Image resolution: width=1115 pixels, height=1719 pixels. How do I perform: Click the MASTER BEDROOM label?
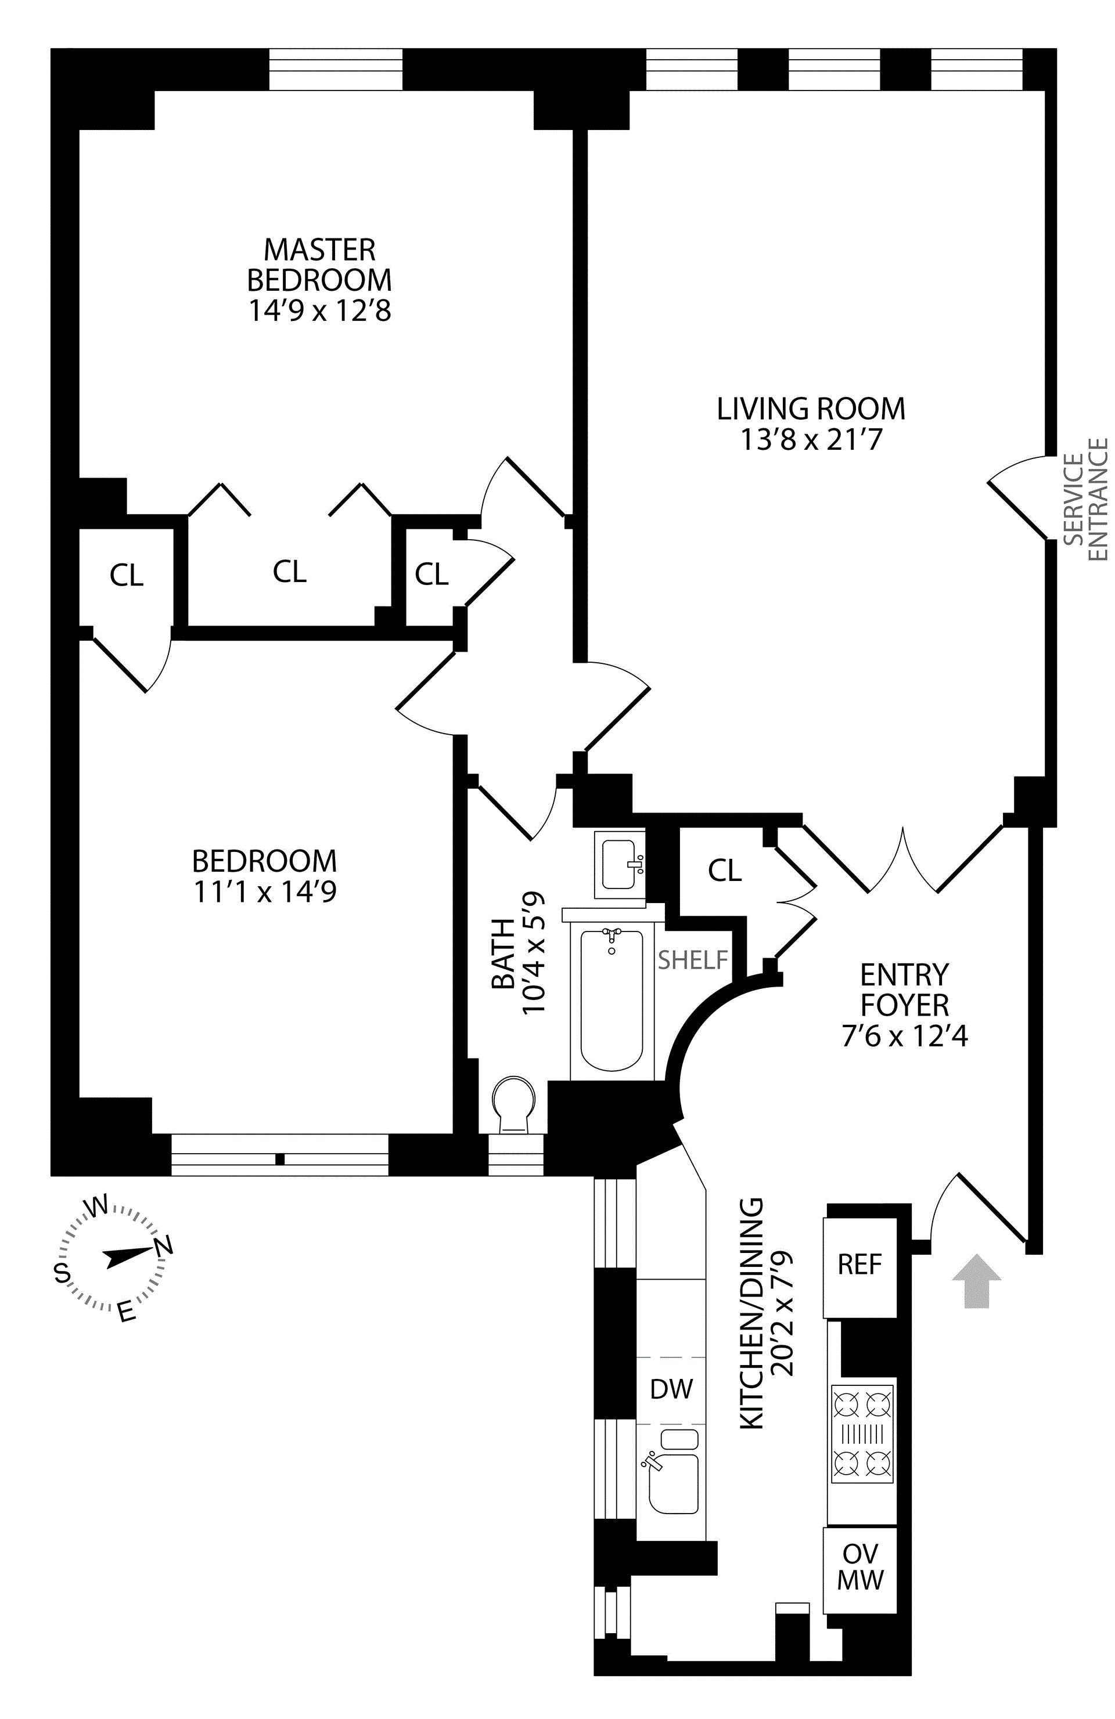(319, 265)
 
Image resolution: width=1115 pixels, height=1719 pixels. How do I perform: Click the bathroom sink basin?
(618, 864)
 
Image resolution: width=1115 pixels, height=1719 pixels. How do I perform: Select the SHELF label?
(692, 960)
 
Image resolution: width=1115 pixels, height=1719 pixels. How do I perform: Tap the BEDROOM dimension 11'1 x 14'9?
(264, 892)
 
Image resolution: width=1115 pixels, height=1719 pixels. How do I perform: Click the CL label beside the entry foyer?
(725, 871)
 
